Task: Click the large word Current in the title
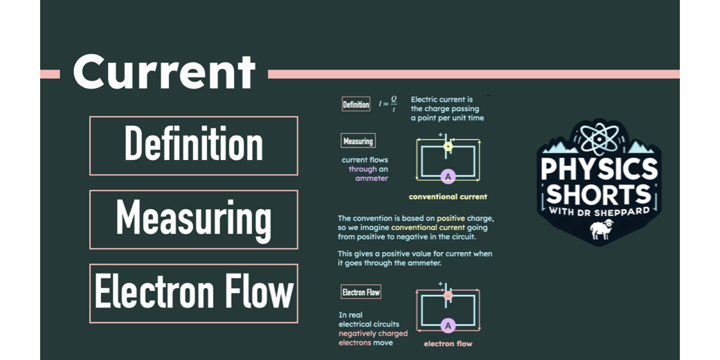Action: pyautogui.click(x=164, y=72)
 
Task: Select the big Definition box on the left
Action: pyautogui.click(x=194, y=145)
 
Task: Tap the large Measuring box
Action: pyautogui.click(x=194, y=219)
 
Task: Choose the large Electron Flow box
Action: pyautogui.click(x=194, y=293)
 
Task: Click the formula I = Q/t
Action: pyautogui.click(x=388, y=105)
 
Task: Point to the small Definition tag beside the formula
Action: pyautogui.click(x=357, y=105)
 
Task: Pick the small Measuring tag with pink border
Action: pyautogui.click(x=358, y=141)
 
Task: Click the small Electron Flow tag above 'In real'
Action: pyautogui.click(x=361, y=292)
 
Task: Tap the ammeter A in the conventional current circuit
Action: pyautogui.click(x=448, y=177)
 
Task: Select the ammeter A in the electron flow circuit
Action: pyautogui.click(x=448, y=325)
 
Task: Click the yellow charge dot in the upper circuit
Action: pyautogui.click(x=448, y=146)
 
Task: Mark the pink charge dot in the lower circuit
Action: pyautogui.click(x=448, y=296)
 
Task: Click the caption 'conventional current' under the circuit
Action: pyautogui.click(x=448, y=197)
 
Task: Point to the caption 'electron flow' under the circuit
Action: pyautogui.click(x=448, y=343)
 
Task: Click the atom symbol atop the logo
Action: pyautogui.click(x=600, y=136)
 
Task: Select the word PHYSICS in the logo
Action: pyautogui.click(x=600, y=170)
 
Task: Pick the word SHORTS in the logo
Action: pyautogui.click(x=600, y=192)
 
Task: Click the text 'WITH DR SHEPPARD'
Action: pyautogui.click(x=600, y=210)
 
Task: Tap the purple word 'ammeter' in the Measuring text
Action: pyautogui.click(x=372, y=178)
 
